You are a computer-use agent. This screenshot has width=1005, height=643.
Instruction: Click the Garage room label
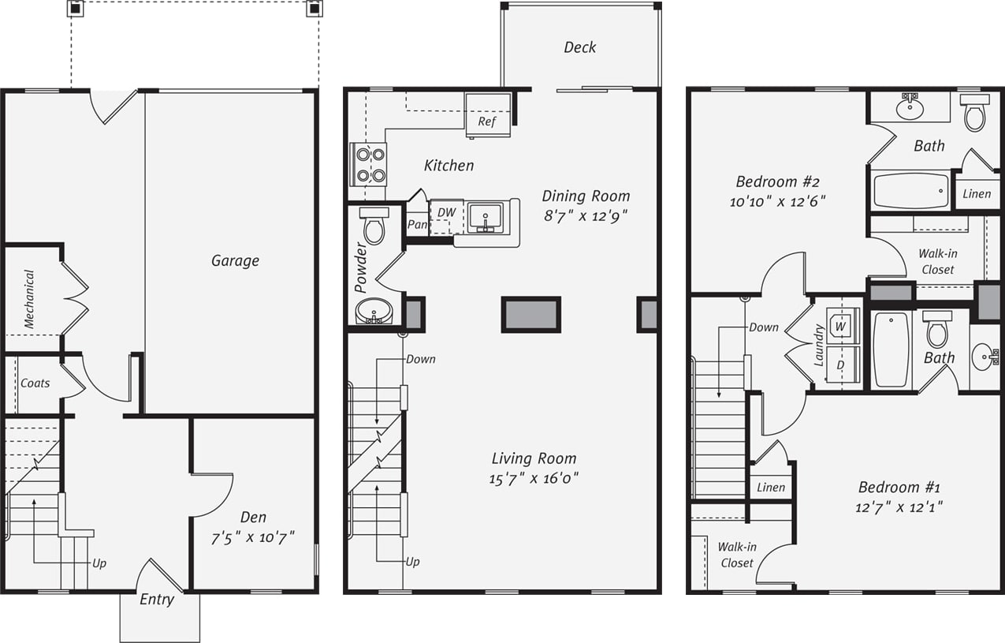coord(235,260)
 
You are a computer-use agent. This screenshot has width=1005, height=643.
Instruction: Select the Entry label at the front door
coord(157,600)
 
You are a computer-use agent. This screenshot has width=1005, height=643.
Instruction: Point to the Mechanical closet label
coord(29,299)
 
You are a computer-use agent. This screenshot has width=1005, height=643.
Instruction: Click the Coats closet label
coord(35,383)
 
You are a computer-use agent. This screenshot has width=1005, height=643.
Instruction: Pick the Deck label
coord(580,47)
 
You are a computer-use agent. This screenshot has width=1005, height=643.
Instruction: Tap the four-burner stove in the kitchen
coord(368,164)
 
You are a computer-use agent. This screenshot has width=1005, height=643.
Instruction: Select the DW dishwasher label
coord(446,212)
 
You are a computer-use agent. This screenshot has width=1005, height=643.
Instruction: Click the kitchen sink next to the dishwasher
coord(485,218)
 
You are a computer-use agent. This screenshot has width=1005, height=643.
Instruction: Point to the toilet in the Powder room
coord(374,226)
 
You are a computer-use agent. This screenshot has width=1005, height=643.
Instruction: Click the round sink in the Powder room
coord(374,312)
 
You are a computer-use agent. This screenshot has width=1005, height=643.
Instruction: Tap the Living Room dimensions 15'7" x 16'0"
coord(534,478)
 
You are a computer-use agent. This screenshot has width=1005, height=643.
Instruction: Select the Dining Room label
coord(586,196)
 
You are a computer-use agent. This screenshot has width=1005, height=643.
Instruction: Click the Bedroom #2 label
coord(777,180)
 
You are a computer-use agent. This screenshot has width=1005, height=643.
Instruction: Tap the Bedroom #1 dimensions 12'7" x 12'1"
coord(899,507)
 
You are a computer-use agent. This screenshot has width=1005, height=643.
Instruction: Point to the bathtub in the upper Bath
coord(911,191)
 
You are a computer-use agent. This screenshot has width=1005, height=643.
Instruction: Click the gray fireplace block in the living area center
coord(531,314)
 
